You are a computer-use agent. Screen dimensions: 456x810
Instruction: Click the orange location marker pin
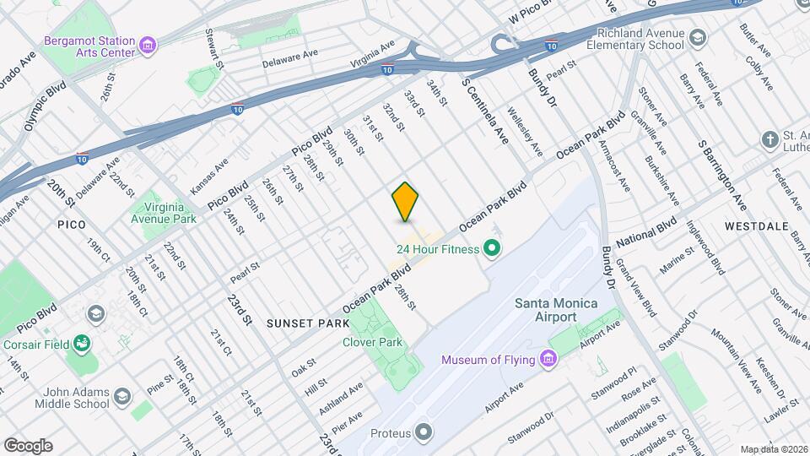pos(406,202)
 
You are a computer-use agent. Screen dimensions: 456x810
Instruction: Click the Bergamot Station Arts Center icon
pos(148,44)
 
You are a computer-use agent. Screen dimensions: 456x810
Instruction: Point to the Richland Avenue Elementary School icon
pos(698,38)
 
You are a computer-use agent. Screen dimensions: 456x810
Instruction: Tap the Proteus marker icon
pos(424,433)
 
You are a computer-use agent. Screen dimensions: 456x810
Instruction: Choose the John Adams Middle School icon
pos(123,397)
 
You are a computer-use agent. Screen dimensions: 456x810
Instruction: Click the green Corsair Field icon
pos(82,343)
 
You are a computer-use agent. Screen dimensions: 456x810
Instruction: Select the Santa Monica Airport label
pos(556,310)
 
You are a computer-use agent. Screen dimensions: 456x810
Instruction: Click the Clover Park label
pos(372,342)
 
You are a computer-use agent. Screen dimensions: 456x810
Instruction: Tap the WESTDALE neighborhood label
pos(755,226)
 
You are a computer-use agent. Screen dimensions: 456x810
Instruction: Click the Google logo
pos(27,446)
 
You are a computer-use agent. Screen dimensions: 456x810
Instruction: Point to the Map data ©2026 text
pos(772,449)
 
